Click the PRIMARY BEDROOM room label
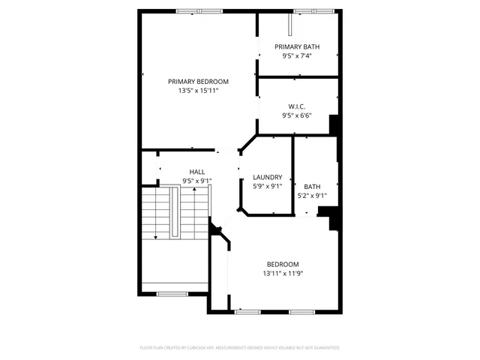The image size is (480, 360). (x=198, y=82)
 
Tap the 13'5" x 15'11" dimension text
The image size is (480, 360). (x=198, y=91)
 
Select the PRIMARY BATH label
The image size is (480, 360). (x=297, y=46)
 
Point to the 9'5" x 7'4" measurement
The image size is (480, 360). (x=297, y=55)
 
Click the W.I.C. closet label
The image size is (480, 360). (x=297, y=106)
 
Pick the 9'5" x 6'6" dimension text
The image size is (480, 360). (x=297, y=115)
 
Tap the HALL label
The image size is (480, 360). (x=197, y=172)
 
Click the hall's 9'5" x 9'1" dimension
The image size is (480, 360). (x=197, y=181)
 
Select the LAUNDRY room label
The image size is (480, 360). (x=267, y=177)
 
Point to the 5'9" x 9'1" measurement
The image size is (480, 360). (x=267, y=186)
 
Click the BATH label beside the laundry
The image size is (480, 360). (x=312, y=187)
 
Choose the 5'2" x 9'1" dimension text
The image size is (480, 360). (x=312, y=196)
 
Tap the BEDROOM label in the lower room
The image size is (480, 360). (x=283, y=264)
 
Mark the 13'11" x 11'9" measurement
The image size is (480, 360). (x=283, y=274)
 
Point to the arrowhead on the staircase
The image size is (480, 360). (x=156, y=237)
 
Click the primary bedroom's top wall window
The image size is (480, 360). (x=199, y=10)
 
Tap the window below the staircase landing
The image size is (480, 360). (x=172, y=293)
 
